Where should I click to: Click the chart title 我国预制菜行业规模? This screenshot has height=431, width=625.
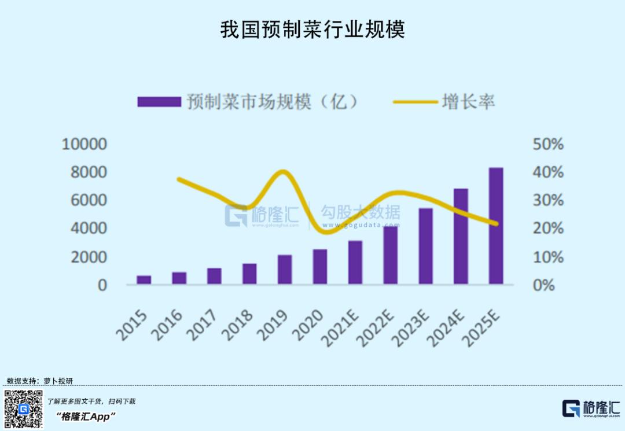(312, 30)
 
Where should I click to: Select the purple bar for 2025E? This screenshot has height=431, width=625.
(496, 226)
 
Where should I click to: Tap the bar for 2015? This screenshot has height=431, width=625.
(144, 279)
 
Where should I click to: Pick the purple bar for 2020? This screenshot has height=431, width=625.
(320, 267)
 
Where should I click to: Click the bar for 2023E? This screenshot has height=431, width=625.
(426, 246)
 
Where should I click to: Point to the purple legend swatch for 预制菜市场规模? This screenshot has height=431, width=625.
(159, 102)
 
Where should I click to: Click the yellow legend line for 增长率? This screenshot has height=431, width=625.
(416, 102)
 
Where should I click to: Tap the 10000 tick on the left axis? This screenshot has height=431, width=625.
(84, 144)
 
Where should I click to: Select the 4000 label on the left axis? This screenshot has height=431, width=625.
(89, 229)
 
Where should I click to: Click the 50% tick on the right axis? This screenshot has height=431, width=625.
(548, 144)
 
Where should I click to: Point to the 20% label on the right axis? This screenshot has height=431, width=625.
(548, 229)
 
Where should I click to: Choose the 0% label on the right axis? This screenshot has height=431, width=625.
(543, 285)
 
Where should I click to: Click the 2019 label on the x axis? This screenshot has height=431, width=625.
(272, 325)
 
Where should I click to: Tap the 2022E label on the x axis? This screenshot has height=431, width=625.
(375, 328)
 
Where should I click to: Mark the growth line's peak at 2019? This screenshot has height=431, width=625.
(284, 172)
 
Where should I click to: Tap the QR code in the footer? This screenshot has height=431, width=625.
(24, 409)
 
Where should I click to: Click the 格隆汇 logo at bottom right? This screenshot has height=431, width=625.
(591, 408)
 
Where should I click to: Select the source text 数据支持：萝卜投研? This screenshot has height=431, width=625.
(40, 381)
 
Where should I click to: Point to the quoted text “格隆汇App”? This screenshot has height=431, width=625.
(85, 417)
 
